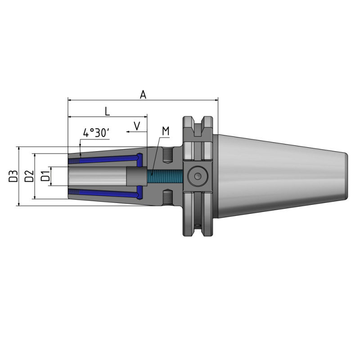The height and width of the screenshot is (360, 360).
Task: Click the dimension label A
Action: (143, 94)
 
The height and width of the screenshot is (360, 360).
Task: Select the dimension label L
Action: (107, 111)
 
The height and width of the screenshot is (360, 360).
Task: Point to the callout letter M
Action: (166, 131)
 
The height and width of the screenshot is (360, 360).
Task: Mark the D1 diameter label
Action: (45, 176)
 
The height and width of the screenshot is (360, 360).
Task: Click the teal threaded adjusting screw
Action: (165, 176)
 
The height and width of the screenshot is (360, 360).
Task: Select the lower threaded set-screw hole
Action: (167, 197)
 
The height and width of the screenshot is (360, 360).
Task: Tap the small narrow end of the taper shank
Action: (346, 176)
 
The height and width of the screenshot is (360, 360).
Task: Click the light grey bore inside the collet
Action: (97, 176)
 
